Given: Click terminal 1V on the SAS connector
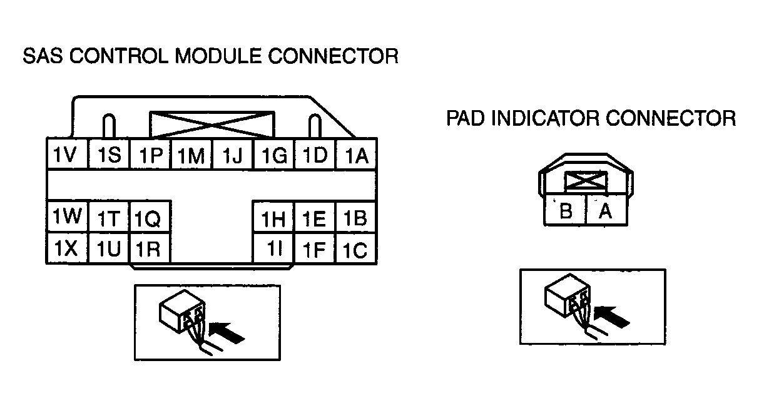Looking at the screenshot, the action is pyautogui.click(x=67, y=153).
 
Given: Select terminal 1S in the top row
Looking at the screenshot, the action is pyautogui.click(x=108, y=154).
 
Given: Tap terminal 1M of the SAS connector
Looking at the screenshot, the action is pyautogui.click(x=191, y=155).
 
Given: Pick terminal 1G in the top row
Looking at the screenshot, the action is pyautogui.click(x=274, y=155).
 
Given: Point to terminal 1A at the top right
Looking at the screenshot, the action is pyautogui.click(x=356, y=155).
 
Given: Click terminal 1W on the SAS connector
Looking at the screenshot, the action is pyautogui.click(x=67, y=217).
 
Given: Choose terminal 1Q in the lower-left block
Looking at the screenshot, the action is pyautogui.click(x=150, y=217).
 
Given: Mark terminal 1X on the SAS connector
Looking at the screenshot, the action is pyautogui.click(x=67, y=248).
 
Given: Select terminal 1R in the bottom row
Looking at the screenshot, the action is pyautogui.click(x=150, y=248).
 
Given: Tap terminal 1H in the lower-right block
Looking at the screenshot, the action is pyautogui.click(x=273, y=217).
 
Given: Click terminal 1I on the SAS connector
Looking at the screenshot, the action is pyautogui.click(x=273, y=248).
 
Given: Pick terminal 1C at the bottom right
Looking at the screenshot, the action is pyautogui.click(x=356, y=248).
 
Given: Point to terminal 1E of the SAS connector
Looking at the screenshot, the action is pyautogui.click(x=315, y=217).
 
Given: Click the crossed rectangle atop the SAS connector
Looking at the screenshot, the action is pyautogui.click(x=212, y=125).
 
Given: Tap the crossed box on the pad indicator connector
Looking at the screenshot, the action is pyautogui.click(x=586, y=181).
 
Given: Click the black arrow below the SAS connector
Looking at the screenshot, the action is pyautogui.click(x=227, y=332).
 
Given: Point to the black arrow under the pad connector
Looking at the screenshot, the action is pyautogui.click(x=612, y=317).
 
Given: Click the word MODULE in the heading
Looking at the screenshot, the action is pyautogui.click(x=218, y=56).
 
